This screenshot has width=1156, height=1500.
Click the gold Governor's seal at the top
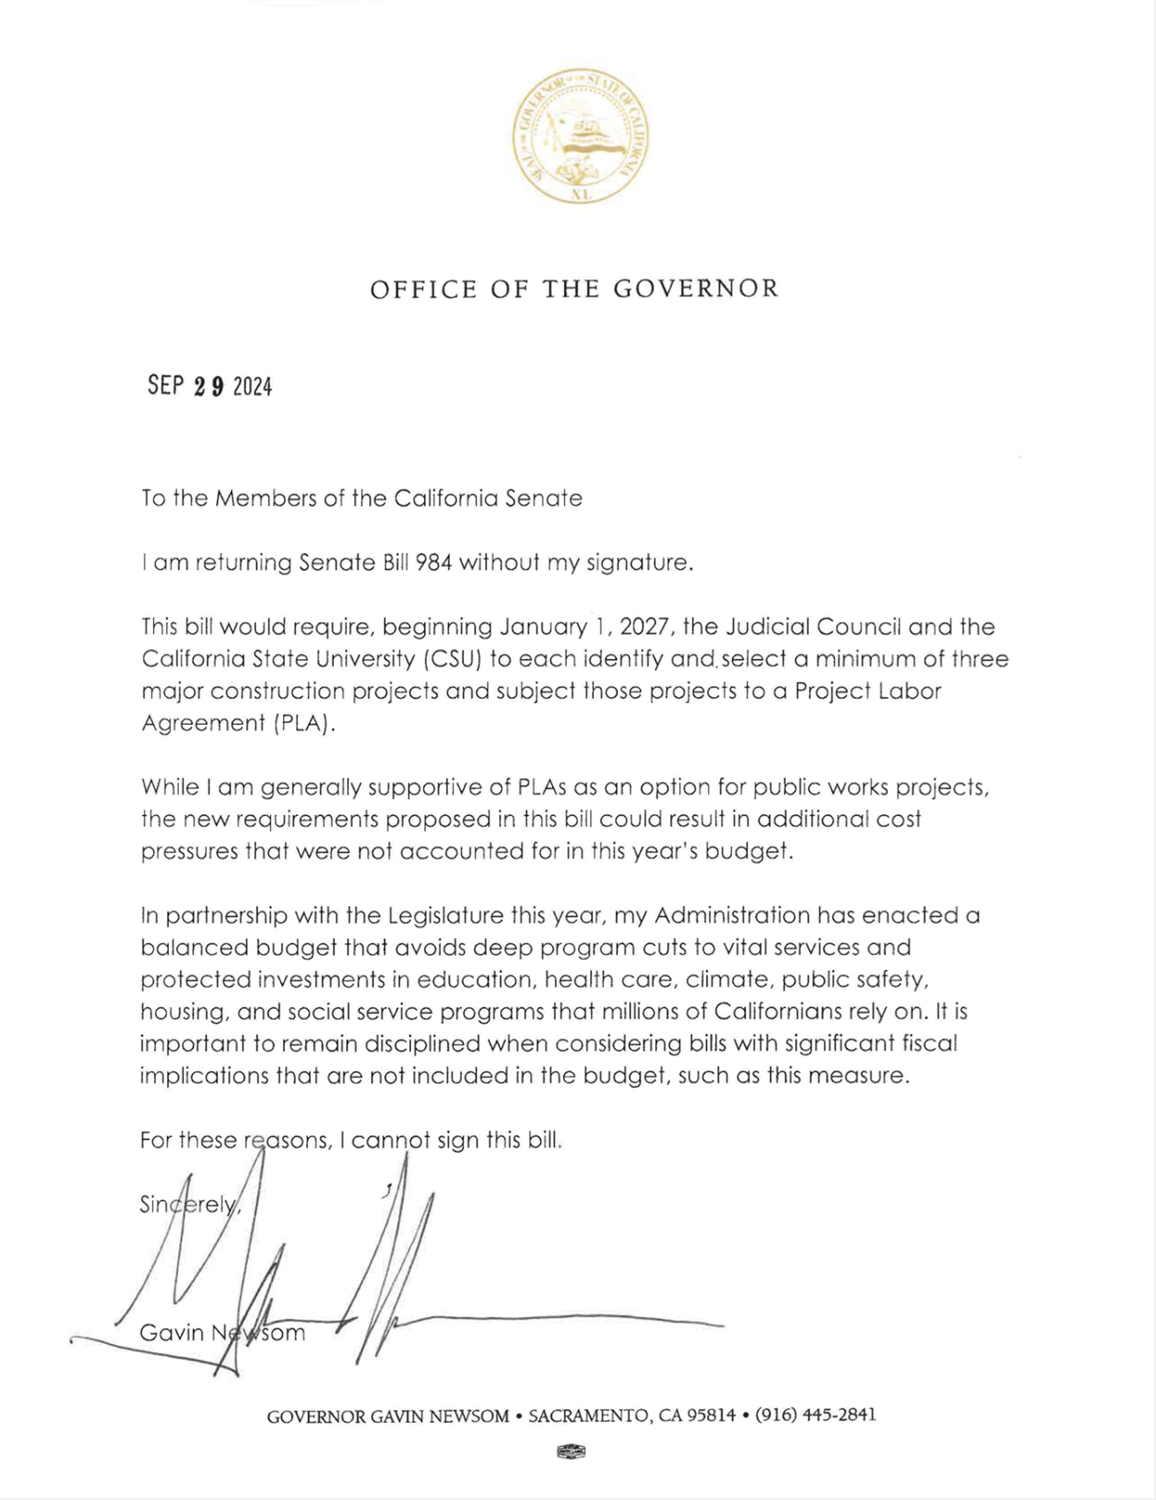coord(579,136)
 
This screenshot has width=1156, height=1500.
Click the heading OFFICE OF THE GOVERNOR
coord(574,289)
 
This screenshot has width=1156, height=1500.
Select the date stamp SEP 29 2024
coord(210,386)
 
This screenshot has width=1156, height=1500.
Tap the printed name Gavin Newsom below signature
coord(222,1333)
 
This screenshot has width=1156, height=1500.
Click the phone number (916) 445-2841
coord(815,1415)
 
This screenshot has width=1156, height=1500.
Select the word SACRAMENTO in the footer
coord(589,1416)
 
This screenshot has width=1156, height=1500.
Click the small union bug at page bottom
coord(572,1450)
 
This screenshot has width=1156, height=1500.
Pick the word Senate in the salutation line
coord(543,498)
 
